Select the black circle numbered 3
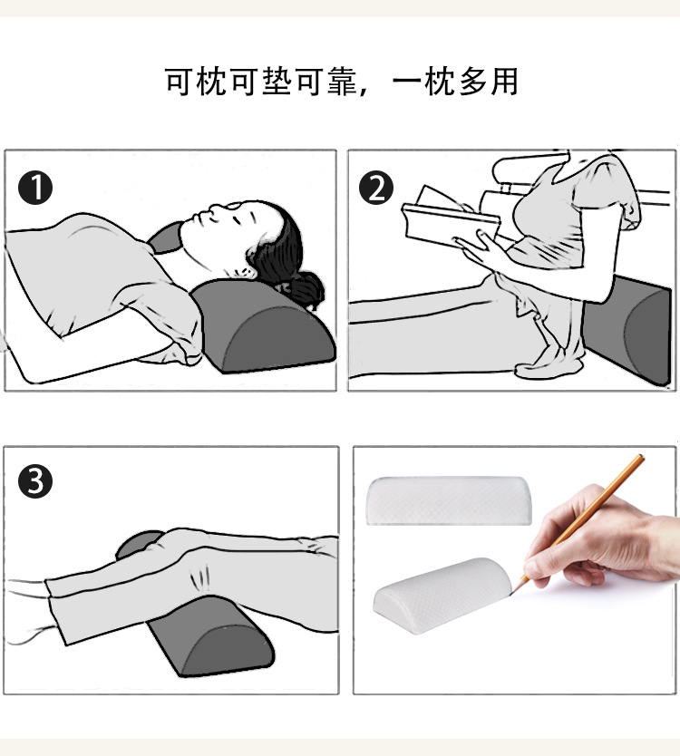coord(35,481)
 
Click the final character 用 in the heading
coord(503,82)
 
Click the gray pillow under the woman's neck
coord(263,326)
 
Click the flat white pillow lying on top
coord(450,499)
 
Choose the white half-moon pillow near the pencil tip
coord(444,598)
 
